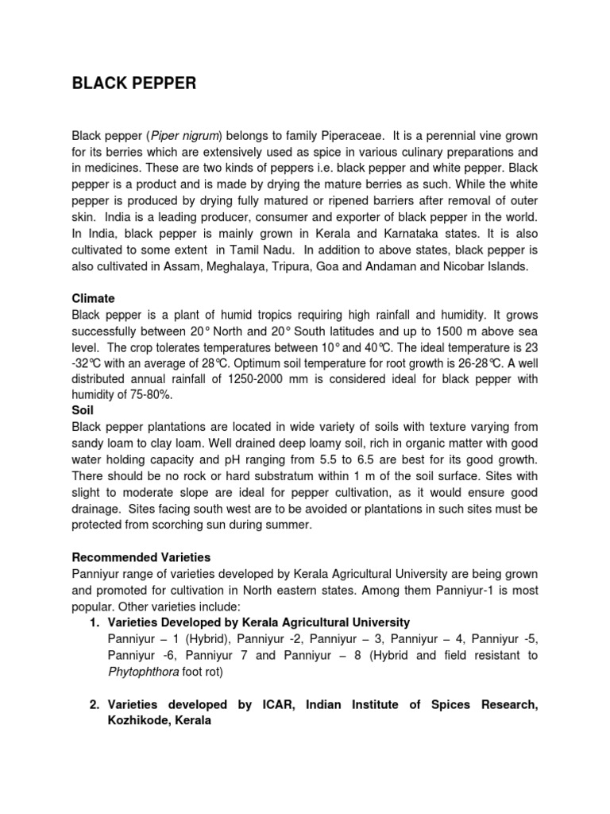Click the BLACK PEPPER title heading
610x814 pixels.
click(133, 83)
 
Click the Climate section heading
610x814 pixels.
click(94, 299)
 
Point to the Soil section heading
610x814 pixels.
click(83, 411)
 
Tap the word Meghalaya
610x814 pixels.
click(270, 266)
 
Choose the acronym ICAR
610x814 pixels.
click(253, 704)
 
